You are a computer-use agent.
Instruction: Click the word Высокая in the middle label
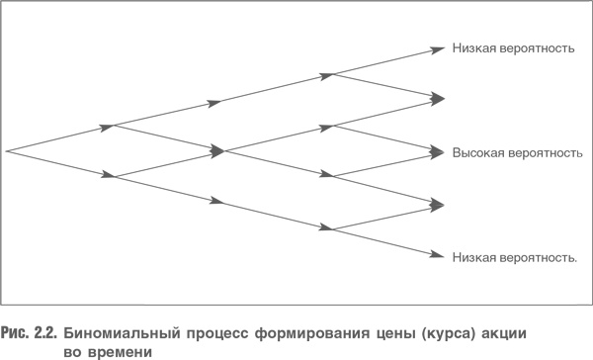(x=476, y=153)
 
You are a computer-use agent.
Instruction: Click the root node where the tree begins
(x=7, y=151)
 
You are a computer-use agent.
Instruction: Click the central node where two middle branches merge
(x=224, y=152)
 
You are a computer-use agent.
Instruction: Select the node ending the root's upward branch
(x=114, y=126)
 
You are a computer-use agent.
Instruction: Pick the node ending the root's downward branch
(x=114, y=177)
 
